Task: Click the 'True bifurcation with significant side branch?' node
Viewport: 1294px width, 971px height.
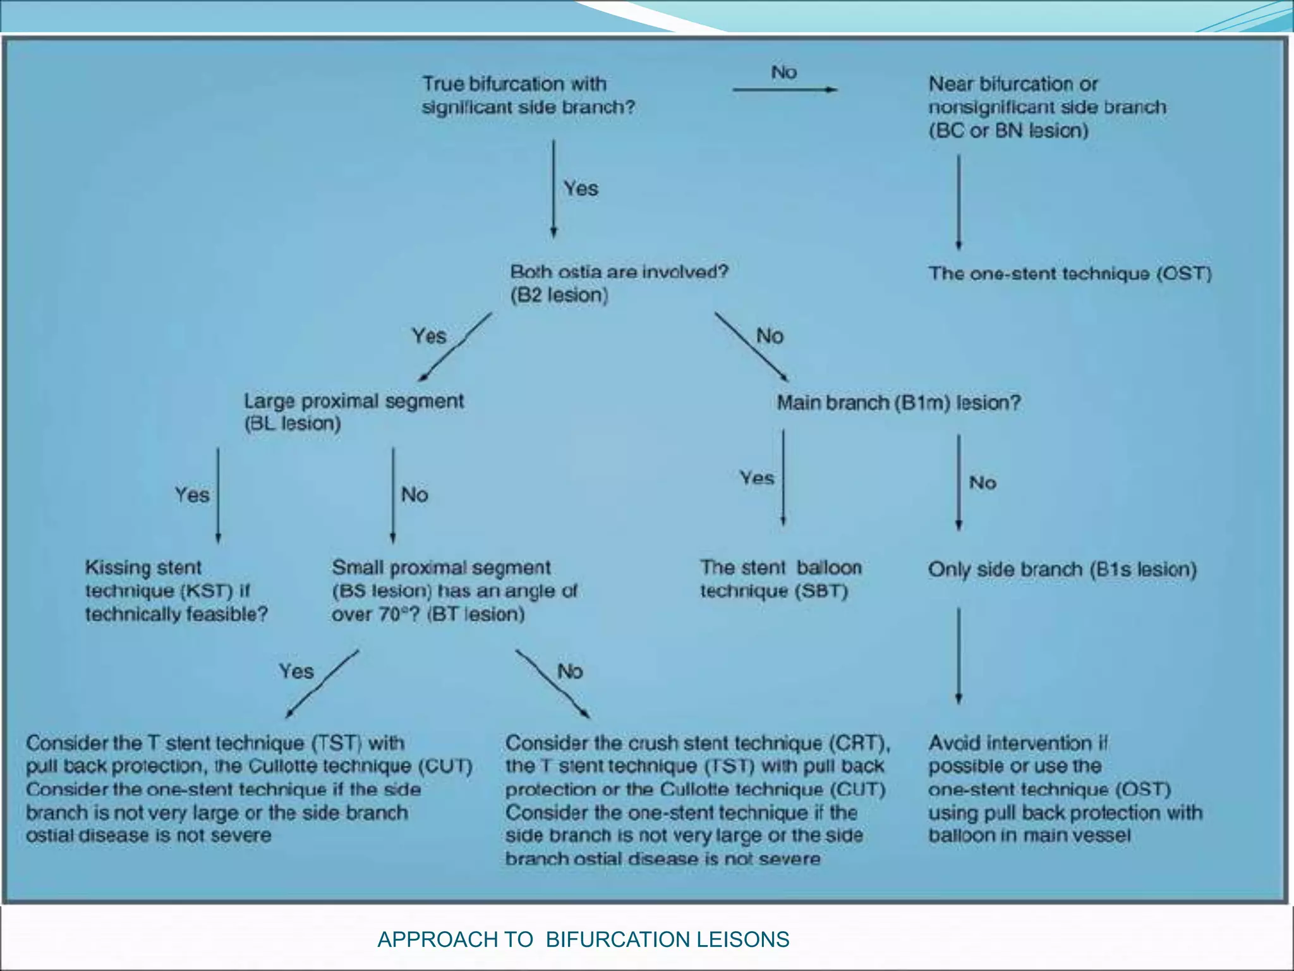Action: pos(528,95)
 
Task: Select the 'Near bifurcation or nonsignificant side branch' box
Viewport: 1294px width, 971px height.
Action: pos(1046,107)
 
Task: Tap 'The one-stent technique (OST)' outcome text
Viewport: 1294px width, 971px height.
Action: pos(1070,274)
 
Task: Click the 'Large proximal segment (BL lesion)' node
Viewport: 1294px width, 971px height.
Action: pos(354,412)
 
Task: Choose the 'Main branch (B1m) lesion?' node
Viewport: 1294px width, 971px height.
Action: pos(898,403)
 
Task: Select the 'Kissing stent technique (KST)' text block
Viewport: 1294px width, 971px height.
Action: pos(176,590)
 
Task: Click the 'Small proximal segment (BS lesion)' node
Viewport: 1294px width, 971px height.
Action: pos(454,590)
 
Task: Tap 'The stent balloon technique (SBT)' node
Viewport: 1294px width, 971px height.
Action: pos(780,579)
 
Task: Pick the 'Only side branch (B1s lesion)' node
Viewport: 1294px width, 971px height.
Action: pos(1062,570)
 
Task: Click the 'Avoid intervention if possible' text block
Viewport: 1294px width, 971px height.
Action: pos(1065,789)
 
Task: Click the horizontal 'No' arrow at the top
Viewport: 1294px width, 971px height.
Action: pos(785,89)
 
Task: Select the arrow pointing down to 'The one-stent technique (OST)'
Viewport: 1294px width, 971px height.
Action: pos(958,202)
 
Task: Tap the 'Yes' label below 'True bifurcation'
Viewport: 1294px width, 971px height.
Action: pos(581,188)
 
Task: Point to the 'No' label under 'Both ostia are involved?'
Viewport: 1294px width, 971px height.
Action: pos(770,336)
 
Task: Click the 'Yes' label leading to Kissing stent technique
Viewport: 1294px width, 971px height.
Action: pos(192,494)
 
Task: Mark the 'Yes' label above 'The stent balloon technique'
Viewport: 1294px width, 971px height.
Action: pos(757,478)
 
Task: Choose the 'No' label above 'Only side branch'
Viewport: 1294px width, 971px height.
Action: pos(983,483)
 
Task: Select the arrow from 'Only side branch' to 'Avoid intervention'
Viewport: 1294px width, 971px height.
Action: pos(958,656)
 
